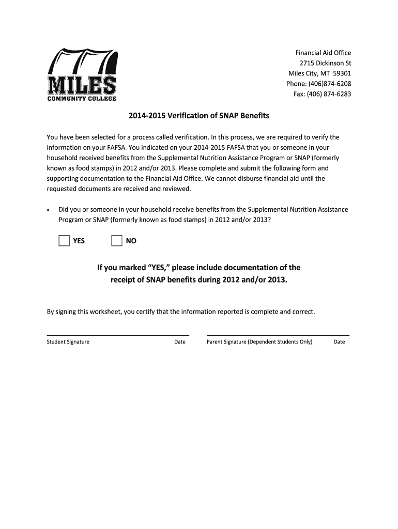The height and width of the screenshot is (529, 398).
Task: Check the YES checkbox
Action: (x=64, y=241)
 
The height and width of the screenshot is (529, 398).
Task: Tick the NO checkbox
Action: (x=117, y=241)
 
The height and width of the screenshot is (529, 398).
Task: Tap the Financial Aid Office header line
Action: (x=323, y=53)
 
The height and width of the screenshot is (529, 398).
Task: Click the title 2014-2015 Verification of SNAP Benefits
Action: (x=199, y=116)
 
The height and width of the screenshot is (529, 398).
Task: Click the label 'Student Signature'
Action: (x=68, y=342)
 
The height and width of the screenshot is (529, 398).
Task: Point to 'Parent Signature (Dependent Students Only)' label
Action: (x=259, y=342)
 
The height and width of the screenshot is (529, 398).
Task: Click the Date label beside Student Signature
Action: (x=180, y=342)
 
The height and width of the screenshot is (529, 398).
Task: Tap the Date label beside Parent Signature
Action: (x=339, y=342)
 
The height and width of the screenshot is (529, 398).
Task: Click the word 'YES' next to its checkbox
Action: (x=79, y=241)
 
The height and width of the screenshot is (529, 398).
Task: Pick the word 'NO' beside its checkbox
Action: (x=131, y=241)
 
